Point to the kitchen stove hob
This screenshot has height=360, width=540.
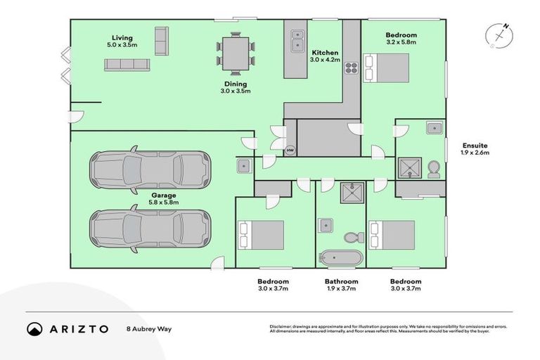tap(351, 69)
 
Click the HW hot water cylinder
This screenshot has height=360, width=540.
tap(290, 150)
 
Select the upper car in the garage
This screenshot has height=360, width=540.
tap(149, 169)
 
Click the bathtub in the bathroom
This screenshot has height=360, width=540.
tap(340, 257)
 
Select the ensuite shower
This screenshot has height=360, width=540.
tap(409, 168)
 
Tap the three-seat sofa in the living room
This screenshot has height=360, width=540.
tap(127, 65)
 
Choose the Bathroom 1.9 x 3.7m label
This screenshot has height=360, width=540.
tap(341, 285)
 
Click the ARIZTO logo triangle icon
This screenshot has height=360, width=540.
tap(34, 329)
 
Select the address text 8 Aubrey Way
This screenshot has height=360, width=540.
tap(150, 329)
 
